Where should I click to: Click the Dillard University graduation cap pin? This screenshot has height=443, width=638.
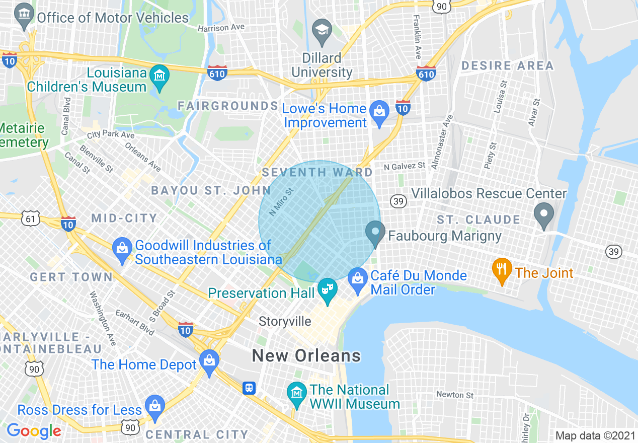pos(322,32)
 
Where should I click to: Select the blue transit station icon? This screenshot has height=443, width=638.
pos(249,388)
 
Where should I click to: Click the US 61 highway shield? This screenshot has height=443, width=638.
pos(31,218)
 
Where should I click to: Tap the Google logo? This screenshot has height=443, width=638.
pos(34,431)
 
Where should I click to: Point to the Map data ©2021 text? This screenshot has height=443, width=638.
pos(594,435)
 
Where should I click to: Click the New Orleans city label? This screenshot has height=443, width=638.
pos(306,356)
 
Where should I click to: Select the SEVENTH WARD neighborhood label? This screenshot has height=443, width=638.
pos(317,173)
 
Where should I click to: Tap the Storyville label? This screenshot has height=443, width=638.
pos(285,321)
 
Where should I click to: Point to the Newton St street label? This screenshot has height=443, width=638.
pos(455,395)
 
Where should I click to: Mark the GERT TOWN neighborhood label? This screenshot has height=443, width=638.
pos(71,277)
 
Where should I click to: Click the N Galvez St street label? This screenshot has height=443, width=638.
pos(404,166)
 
